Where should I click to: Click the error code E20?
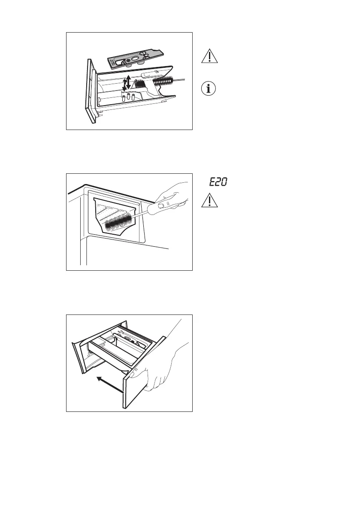(x=218, y=183)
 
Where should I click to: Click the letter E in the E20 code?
(x=212, y=183)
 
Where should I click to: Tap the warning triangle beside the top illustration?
(x=208, y=57)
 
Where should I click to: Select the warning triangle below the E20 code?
(x=209, y=201)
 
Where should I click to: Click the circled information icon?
(x=208, y=90)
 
